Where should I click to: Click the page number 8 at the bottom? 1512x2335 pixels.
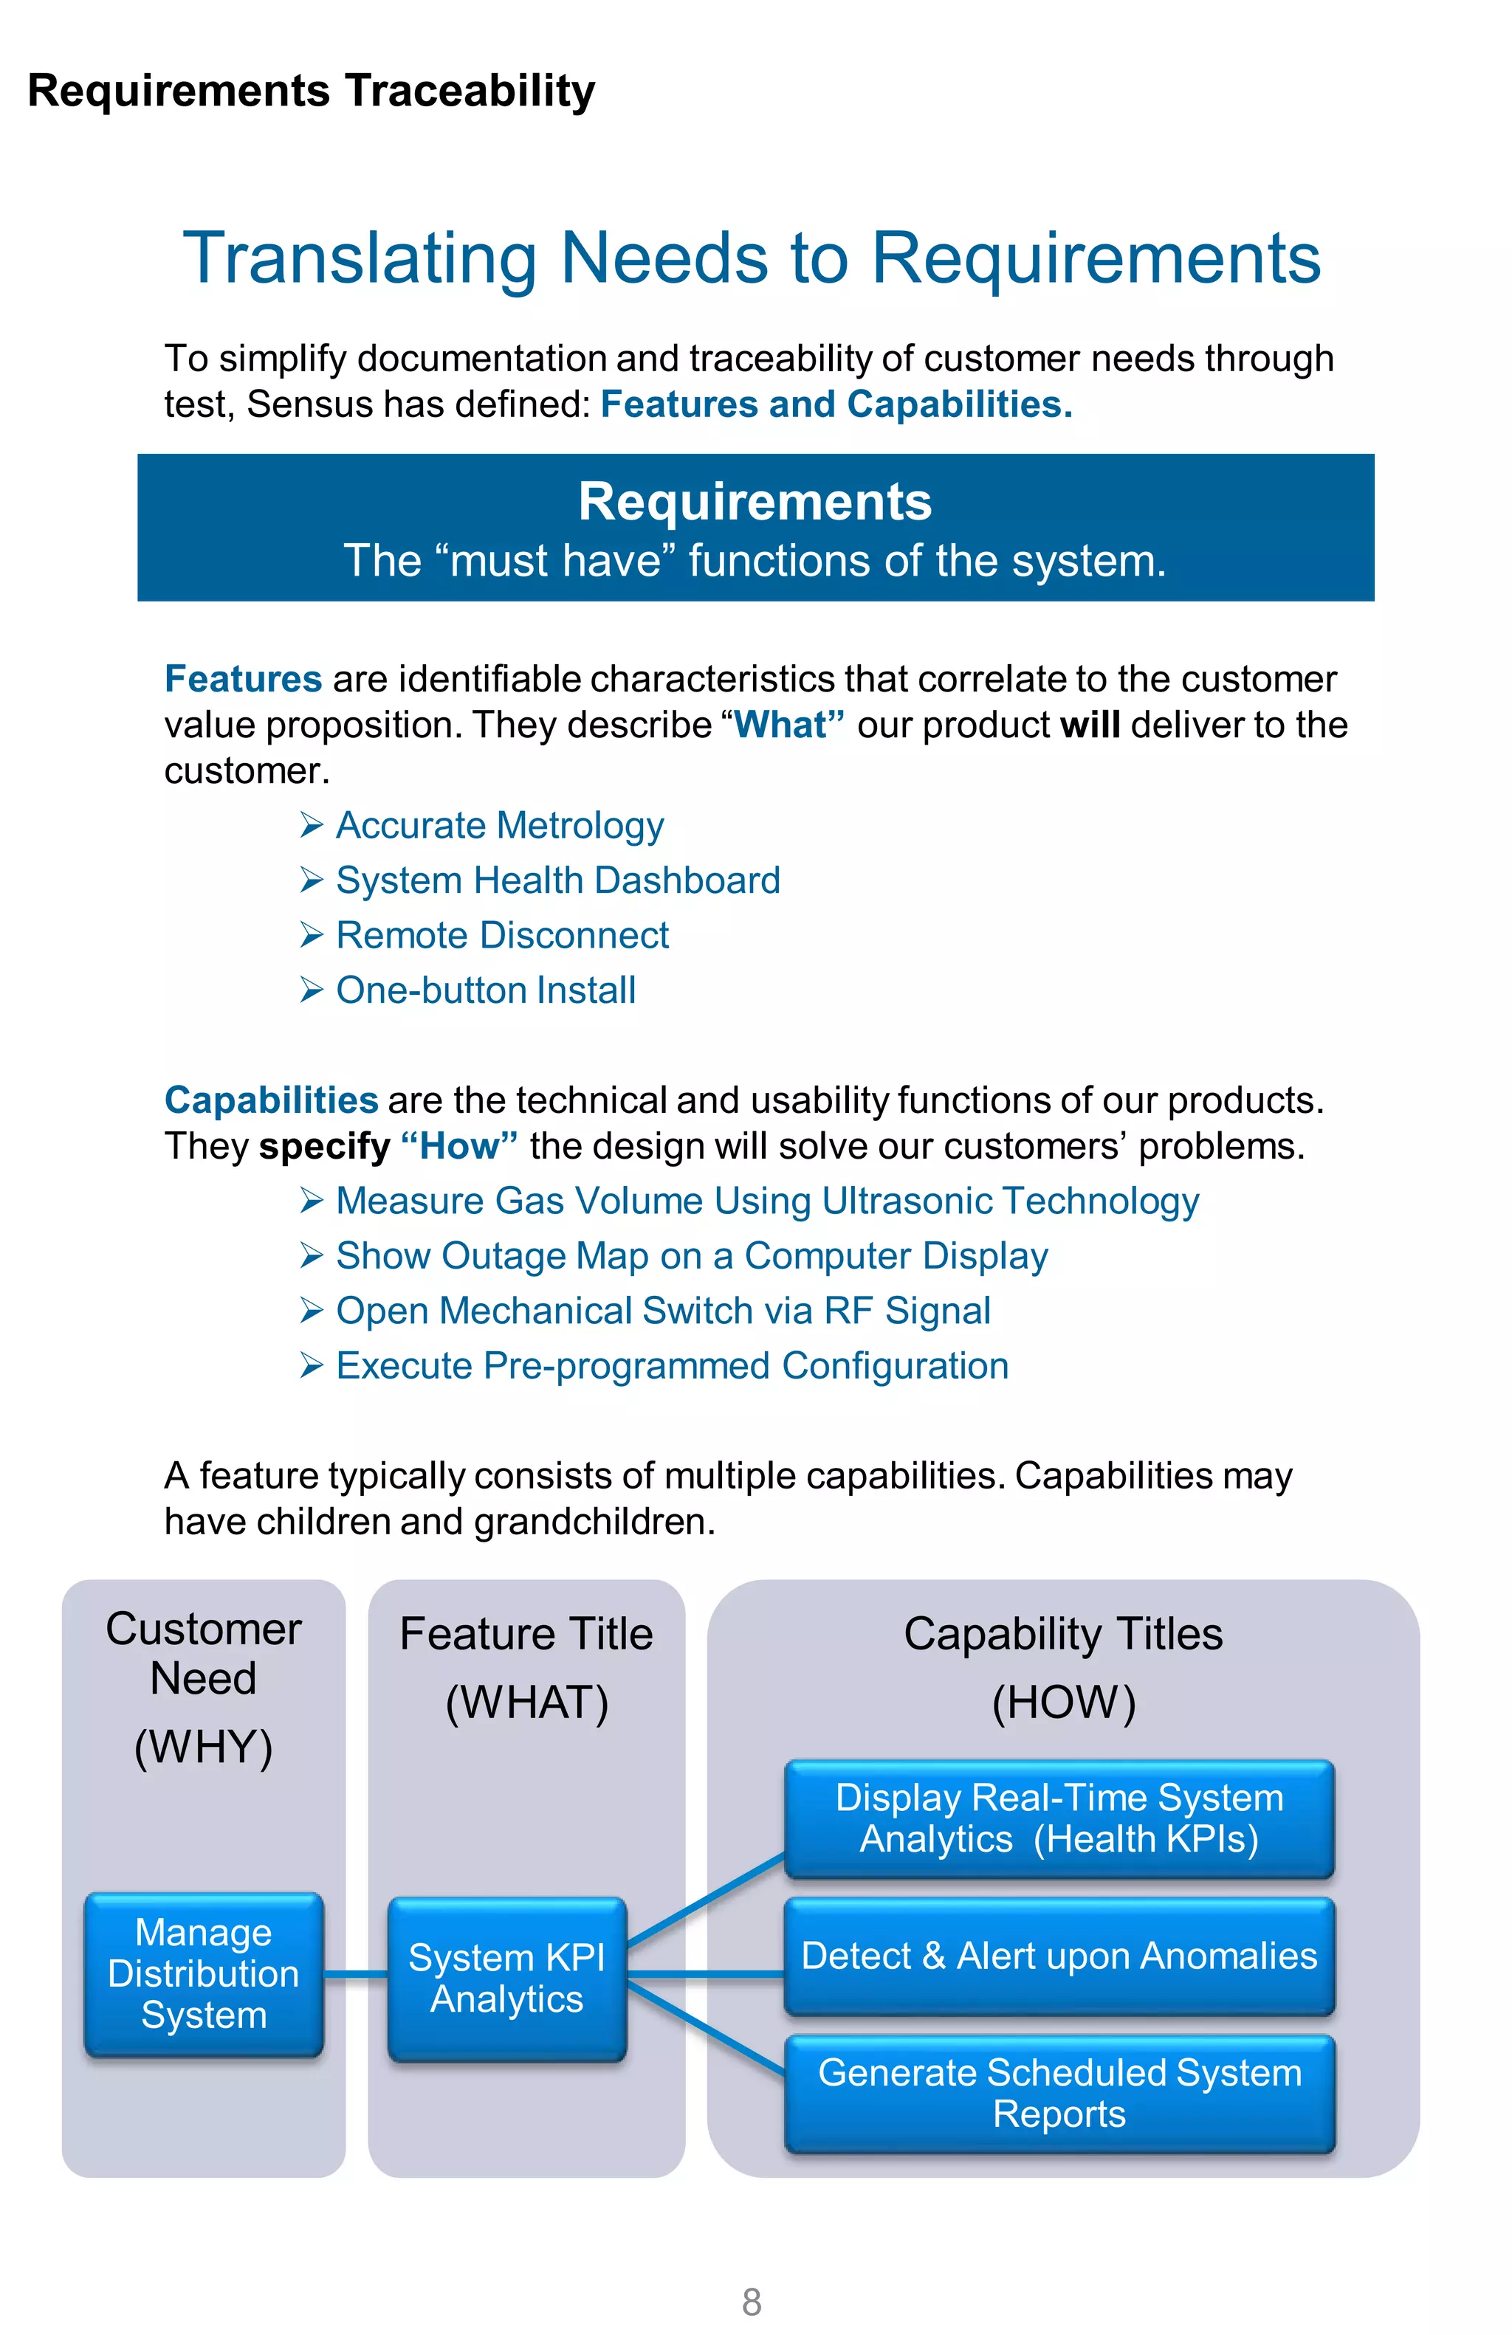coord(752,2300)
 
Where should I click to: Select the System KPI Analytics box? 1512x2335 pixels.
coord(506,1978)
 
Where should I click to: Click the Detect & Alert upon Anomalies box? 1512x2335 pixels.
coord(1059,1956)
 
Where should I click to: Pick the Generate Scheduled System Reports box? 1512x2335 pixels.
coord(1059,2093)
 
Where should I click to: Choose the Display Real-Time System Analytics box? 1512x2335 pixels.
coord(1059,1818)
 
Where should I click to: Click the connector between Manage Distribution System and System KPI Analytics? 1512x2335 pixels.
coord(355,1973)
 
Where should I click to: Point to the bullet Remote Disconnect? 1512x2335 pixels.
coord(501,935)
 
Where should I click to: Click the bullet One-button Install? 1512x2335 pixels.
coord(486,990)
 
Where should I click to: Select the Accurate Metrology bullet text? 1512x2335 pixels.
coord(499,825)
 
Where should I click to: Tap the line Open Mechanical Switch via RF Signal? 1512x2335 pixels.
coord(662,1311)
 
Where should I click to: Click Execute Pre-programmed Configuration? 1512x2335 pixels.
coord(671,1366)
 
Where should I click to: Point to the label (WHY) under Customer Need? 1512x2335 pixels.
coord(203,1748)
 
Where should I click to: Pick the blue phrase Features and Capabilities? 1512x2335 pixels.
coord(836,404)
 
